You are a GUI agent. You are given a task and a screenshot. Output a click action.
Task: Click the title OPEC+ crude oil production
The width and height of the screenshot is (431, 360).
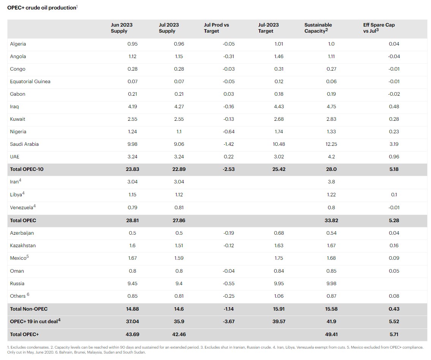click(42, 8)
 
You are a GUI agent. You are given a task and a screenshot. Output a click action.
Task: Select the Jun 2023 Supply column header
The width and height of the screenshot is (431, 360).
click(122, 28)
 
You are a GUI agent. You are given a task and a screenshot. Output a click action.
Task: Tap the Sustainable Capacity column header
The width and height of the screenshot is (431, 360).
click(318, 28)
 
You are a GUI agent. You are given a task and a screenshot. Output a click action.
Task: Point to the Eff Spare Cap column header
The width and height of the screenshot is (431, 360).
click(379, 28)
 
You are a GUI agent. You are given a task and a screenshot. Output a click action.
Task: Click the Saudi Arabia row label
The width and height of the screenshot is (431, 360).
click(24, 144)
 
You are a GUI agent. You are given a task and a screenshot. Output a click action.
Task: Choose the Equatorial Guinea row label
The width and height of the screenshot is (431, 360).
click(30, 82)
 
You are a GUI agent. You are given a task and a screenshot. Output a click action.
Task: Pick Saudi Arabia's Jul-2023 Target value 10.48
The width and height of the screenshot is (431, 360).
click(279, 144)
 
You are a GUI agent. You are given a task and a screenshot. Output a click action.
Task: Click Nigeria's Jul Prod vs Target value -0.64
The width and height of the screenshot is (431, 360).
click(228, 132)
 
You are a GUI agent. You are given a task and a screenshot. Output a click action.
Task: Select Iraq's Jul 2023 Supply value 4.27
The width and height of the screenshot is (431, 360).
click(178, 107)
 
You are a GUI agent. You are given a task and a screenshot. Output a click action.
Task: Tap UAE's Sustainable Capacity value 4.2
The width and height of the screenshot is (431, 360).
click(331, 157)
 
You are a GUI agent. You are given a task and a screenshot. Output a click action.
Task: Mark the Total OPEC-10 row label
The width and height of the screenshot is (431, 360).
click(27, 169)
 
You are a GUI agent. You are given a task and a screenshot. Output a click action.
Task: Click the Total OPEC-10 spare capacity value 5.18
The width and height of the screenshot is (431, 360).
click(394, 169)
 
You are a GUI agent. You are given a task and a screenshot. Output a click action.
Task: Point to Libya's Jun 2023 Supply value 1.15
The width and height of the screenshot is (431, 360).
click(132, 195)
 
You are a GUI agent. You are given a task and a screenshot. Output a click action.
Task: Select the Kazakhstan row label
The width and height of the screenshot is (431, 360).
click(23, 246)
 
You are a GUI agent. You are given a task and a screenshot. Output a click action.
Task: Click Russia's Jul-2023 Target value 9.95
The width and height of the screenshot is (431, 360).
click(279, 284)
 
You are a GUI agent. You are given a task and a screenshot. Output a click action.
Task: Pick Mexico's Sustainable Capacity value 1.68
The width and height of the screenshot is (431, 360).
click(331, 258)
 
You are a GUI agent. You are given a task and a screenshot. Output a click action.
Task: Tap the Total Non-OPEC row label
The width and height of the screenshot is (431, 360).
click(29, 309)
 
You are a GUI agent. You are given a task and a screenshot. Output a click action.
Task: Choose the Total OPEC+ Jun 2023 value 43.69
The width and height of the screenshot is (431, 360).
click(132, 335)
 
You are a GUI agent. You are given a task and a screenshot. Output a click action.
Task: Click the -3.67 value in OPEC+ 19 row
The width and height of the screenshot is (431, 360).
click(228, 322)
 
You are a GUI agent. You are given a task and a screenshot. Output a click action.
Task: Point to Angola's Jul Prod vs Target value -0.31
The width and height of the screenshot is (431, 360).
click(228, 57)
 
